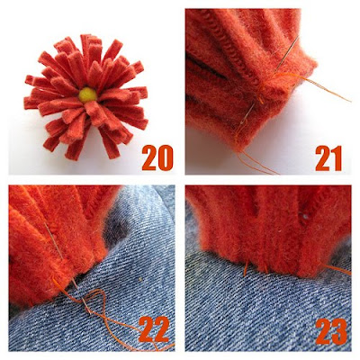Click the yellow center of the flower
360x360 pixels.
point(88,94)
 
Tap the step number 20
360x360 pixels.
point(157,158)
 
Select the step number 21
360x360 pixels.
point(328,158)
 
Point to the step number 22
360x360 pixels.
point(154,329)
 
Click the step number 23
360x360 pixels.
point(331,331)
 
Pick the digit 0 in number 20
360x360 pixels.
point(166,158)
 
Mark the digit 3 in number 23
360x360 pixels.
point(340,331)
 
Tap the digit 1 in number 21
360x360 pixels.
point(337,158)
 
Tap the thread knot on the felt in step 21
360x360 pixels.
point(260,94)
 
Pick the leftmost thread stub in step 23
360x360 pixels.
point(246,269)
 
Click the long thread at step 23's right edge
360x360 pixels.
point(337,268)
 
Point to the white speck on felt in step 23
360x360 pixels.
point(305,216)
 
